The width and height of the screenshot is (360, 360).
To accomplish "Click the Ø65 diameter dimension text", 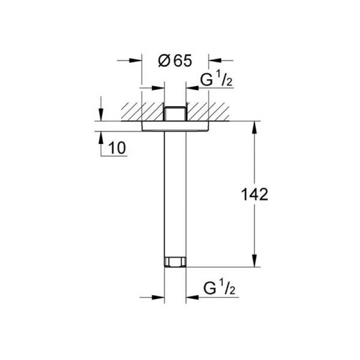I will pos(175,60).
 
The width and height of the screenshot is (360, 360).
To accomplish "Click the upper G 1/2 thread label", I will pos(216,81).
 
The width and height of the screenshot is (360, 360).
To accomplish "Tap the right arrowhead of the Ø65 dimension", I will pos(214,60).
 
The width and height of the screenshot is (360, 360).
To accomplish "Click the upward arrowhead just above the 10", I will pos(100,137).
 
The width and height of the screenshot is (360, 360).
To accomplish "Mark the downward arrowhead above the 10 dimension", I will pos(100,115).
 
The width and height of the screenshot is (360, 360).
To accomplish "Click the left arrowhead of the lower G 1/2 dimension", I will pos(158,297).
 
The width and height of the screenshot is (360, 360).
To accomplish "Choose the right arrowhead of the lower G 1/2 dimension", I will pos(191,297).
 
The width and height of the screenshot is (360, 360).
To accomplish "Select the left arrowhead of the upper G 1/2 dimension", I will pos(158,87).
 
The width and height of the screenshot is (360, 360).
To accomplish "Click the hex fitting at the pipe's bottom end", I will pos(175,262).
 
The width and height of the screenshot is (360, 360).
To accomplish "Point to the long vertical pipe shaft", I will pos(175,193).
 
